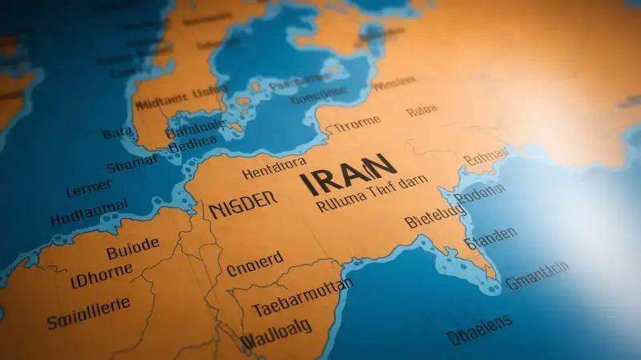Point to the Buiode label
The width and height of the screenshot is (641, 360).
pos(132,250)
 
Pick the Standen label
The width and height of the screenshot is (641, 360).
pos(491,238)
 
